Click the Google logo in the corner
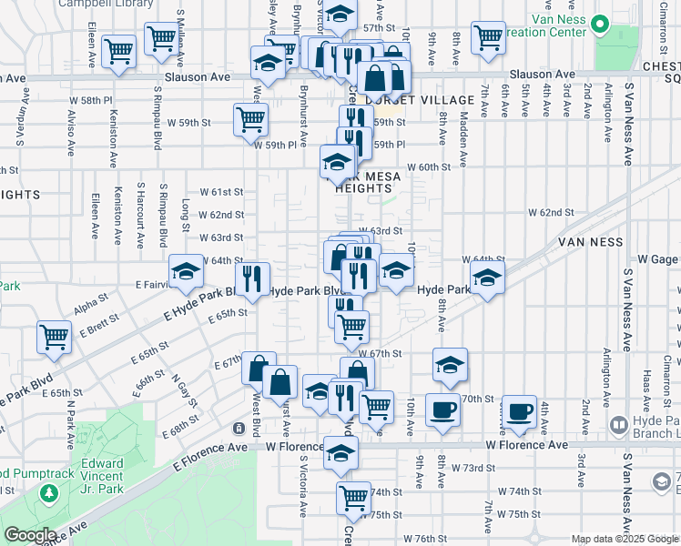coord(30,535)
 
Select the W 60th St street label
coord(429,167)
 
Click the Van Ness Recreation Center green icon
coord(600,23)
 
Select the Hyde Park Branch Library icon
coord(618,425)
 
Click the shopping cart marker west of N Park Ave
coord(54,336)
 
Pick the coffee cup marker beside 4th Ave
coord(520,410)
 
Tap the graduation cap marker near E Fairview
coord(186,270)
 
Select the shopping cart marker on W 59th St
coord(250,117)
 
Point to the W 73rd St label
coord(473,467)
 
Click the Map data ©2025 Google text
coord(625,539)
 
